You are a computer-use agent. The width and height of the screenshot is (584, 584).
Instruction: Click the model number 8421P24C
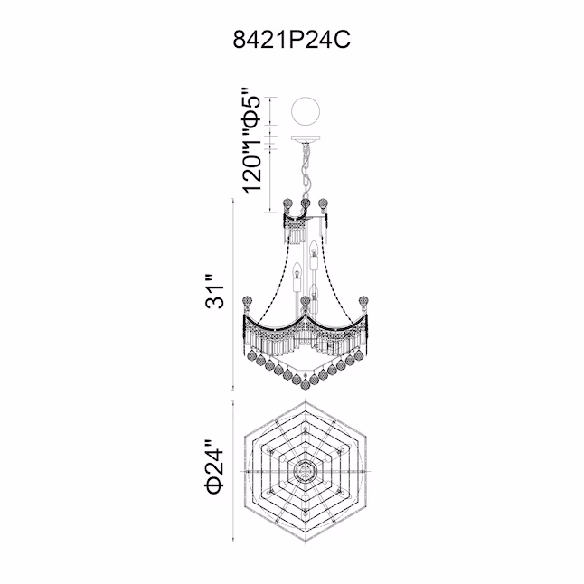[292, 40]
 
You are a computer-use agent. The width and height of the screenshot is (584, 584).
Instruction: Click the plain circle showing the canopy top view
[306, 111]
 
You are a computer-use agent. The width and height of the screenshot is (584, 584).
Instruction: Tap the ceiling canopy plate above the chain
[306, 139]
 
